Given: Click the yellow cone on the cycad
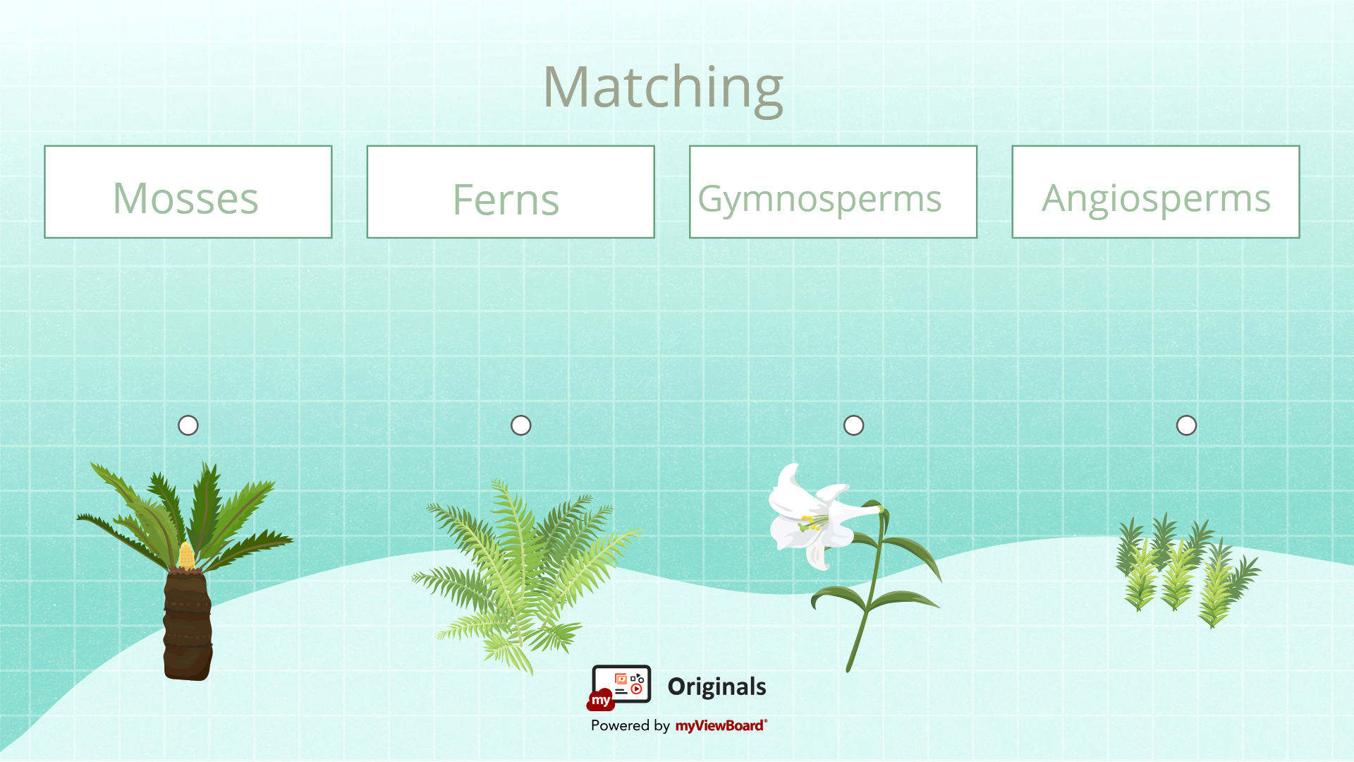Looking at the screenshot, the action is coord(186,557).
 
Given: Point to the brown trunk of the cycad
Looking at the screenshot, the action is coord(188,624).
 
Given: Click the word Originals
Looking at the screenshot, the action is coord(716,687).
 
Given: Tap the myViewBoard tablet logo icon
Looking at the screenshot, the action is coord(618,687).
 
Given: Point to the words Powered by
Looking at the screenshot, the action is coord(630,725).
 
